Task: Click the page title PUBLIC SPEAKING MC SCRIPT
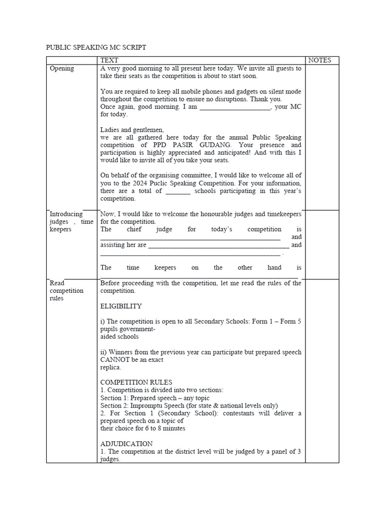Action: (96, 47)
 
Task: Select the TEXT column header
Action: (109, 60)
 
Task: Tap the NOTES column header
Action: (319, 60)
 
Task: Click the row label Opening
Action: (62, 69)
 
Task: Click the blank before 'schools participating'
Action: (178, 191)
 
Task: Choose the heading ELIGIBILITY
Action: (121, 306)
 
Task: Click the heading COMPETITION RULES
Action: (136, 382)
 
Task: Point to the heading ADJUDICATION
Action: (126, 443)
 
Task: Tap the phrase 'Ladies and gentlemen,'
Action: (132, 130)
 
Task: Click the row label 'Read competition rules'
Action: (67, 291)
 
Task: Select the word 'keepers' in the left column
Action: (61, 229)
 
